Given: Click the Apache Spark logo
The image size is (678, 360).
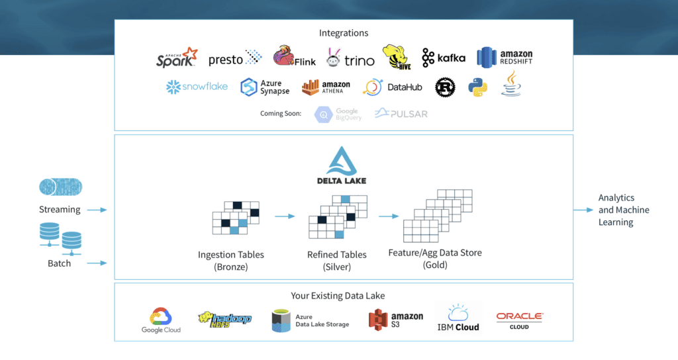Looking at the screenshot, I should (177, 58).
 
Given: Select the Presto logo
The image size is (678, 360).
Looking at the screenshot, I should (235, 59).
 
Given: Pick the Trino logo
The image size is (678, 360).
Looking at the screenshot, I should (350, 60).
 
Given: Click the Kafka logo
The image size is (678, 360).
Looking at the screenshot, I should (444, 58).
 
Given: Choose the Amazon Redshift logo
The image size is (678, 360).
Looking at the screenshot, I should (505, 58).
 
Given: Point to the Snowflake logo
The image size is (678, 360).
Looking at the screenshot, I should (197, 87).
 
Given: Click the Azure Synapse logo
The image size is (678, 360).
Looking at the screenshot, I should (265, 87).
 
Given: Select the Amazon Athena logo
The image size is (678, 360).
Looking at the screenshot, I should (326, 87).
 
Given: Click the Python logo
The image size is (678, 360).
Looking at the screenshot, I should (477, 87).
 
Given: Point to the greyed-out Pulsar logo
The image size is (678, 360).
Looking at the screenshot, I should (401, 114).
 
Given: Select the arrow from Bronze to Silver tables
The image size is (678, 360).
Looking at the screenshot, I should (285, 216).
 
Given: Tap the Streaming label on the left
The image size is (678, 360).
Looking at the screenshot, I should (60, 209).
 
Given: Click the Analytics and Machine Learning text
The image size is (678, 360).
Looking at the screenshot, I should (624, 210).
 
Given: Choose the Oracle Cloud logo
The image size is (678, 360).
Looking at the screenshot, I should (519, 320).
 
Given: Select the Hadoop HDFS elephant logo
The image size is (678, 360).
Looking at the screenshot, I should (225, 320).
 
